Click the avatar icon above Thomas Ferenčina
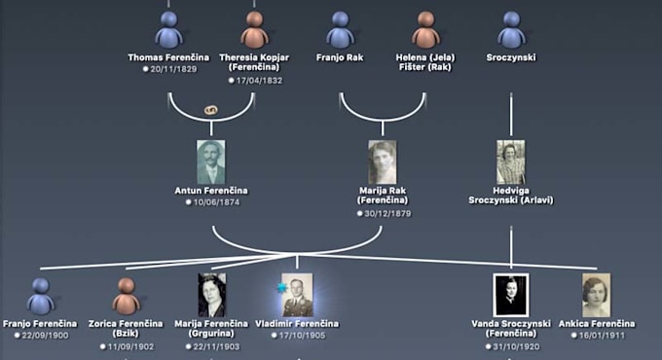tap(168, 29)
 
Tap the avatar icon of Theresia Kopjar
tap(254, 29)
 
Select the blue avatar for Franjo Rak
tap(340, 29)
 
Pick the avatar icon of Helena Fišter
tap(425, 29)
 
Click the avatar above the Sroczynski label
tap(511, 29)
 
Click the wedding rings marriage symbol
tap(210, 110)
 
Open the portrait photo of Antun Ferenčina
tap(210, 162)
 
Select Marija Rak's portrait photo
tap(383, 162)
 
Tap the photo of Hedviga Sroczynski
tap(511, 162)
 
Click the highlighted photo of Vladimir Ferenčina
tap(297, 295)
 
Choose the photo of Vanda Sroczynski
tap(511, 295)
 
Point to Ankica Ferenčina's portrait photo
tap(597, 295)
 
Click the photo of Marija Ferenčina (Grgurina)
tap(211, 295)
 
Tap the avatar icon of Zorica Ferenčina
tap(126, 295)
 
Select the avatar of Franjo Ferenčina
tap(40, 295)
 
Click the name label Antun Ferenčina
tap(211, 190)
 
